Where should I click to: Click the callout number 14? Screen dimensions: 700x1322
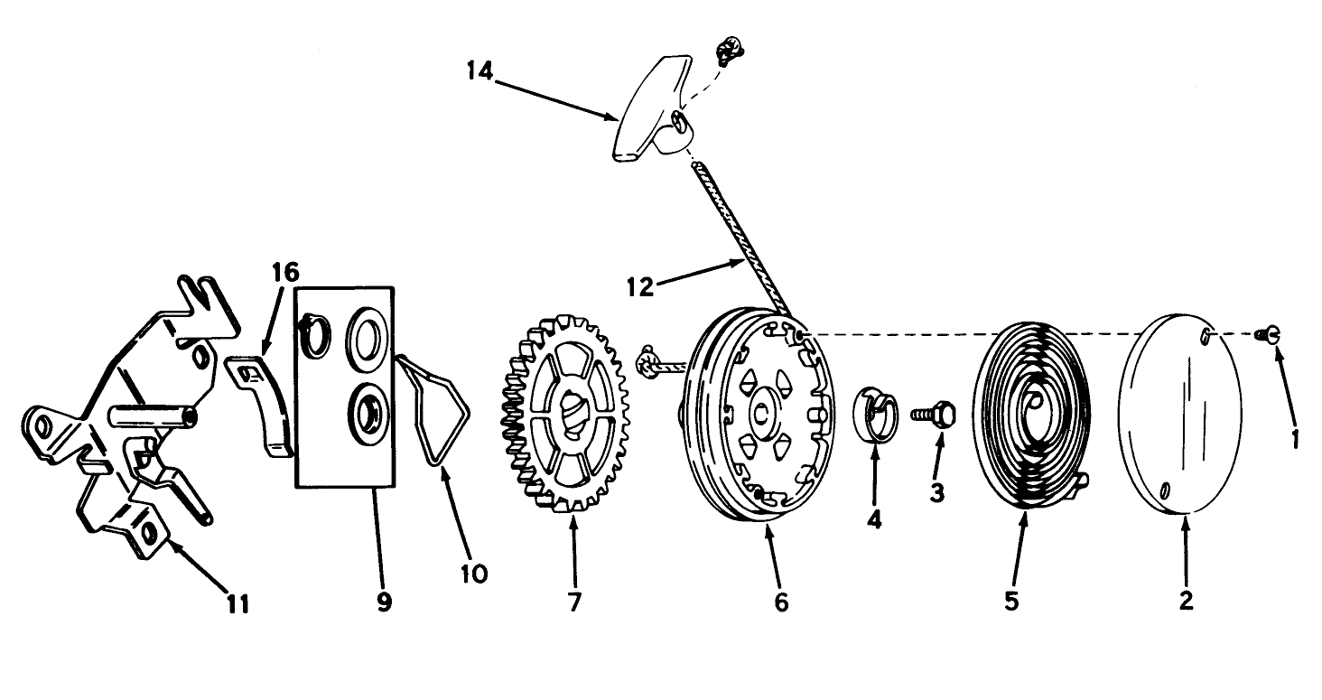tap(480, 71)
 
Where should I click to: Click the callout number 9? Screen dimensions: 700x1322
tap(384, 602)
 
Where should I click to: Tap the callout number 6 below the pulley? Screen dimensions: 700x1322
tap(781, 602)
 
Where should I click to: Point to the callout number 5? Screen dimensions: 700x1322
tap(1011, 602)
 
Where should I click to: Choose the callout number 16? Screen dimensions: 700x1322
tap(285, 272)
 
